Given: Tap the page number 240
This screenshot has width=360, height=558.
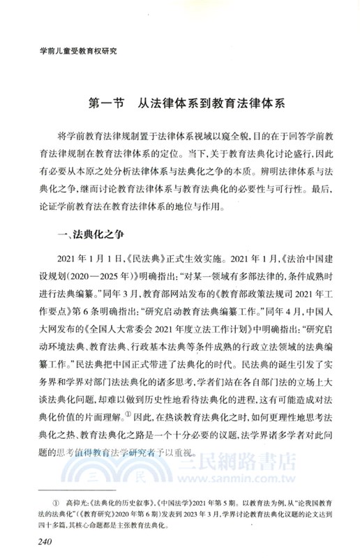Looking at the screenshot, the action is [x=42, y=543].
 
